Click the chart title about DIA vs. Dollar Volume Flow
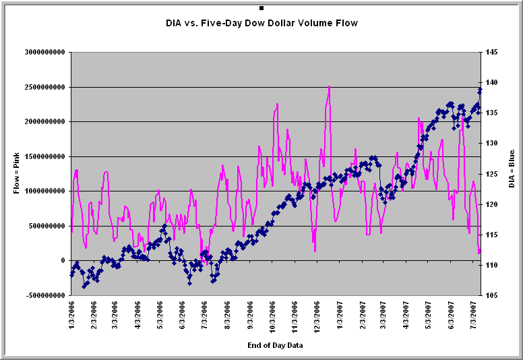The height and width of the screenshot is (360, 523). click(261, 23)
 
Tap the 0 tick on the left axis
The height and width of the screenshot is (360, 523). click(63, 260)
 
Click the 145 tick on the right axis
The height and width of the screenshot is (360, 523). click(491, 52)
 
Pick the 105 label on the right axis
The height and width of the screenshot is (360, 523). click(491, 295)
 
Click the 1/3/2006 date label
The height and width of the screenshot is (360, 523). click(71, 316)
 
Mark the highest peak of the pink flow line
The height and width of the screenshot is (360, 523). click(329, 86)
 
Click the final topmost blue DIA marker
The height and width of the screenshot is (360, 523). click(480, 90)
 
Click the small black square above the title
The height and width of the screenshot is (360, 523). click(261, 8)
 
